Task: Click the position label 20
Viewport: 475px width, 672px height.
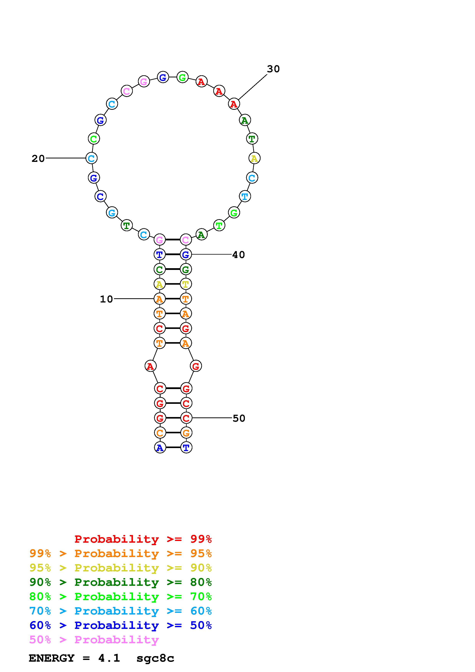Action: pos(38,159)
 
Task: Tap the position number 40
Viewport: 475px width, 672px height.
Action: pos(239,255)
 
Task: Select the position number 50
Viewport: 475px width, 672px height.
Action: pos(239,418)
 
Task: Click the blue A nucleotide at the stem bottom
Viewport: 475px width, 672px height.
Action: pos(160,447)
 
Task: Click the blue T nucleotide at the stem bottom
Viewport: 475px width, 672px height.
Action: pos(186,447)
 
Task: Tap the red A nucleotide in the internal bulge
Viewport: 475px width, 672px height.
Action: pos(150,366)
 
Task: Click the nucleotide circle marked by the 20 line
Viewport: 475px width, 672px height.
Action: pos(91,158)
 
